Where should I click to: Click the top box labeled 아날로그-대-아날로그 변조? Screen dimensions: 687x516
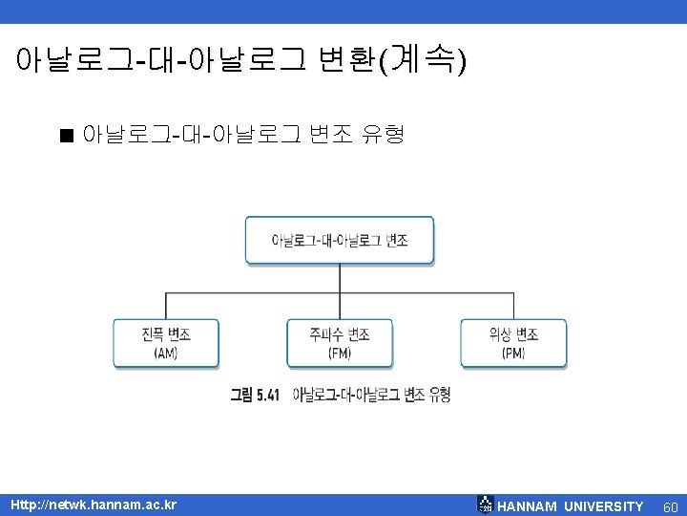coord(340,240)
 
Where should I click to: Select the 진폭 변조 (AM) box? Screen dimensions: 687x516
coord(166,343)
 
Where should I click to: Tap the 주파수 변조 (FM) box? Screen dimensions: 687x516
coord(340,343)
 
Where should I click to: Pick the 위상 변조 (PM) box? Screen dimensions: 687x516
coord(513,343)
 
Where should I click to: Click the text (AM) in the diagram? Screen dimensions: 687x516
coord(166,353)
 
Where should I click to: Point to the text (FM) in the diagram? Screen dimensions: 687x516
coord(340,353)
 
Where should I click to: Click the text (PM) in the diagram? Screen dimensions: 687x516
coord(513,353)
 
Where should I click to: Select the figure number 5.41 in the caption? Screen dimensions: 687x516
coord(267,395)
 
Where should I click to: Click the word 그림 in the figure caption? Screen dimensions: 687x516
coord(240,395)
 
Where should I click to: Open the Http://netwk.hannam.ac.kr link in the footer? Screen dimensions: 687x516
coord(94,505)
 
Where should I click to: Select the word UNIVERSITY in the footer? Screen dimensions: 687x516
coord(604,505)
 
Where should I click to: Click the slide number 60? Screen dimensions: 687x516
coord(670,505)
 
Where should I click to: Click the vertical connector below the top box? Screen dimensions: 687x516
coord(340,277)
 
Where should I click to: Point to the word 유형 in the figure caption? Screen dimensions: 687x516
coord(440,395)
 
